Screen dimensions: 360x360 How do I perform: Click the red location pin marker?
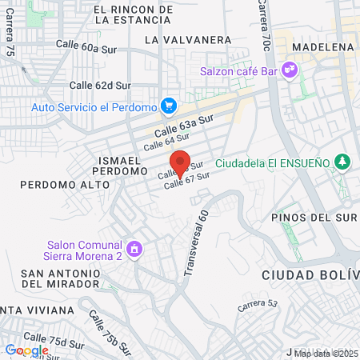tap(180, 163)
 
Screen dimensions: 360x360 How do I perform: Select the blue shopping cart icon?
tap(168, 106)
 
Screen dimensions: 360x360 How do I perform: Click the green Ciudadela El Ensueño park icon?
tap(342, 162)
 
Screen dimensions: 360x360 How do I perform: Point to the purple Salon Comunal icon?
tap(134, 250)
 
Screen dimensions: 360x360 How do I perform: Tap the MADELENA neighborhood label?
tap(323, 47)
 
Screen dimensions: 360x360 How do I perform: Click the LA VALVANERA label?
tap(188, 38)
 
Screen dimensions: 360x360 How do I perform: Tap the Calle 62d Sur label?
tap(100, 84)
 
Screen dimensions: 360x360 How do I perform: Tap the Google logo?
tap(26, 350)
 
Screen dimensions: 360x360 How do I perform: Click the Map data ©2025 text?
tap(326, 353)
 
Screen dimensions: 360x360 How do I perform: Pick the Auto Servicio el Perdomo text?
tap(94, 106)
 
